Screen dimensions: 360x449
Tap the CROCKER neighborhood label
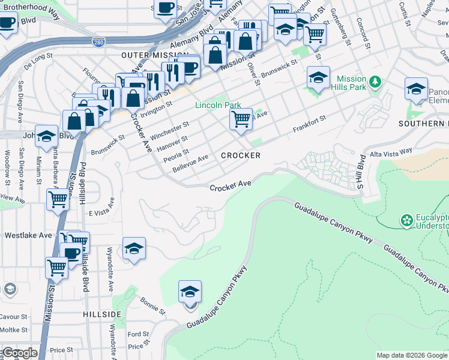pyautogui.click(x=241, y=155)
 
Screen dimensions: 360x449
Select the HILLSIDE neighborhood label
pyautogui.click(x=102, y=314)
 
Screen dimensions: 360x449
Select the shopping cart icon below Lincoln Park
pyautogui.click(x=241, y=118)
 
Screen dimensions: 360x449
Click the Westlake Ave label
pyautogui.click(x=28, y=235)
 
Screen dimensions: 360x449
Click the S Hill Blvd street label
pyautogui.click(x=361, y=173)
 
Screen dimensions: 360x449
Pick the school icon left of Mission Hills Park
pyautogui.click(x=318, y=77)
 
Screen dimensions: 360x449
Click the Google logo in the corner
pyautogui.click(x=19, y=353)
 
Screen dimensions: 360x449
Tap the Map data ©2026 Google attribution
pyautogui.click(x=412, y=355)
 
